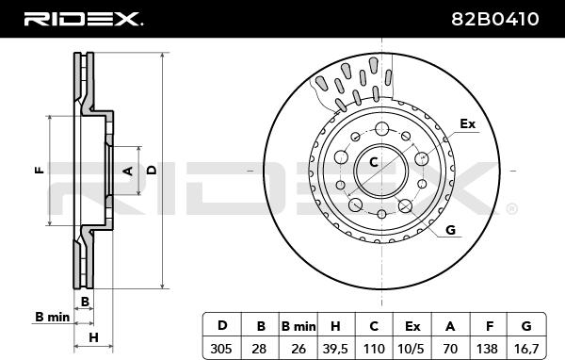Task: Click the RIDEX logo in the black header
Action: [x=83, y=19]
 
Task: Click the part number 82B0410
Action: [x=495, y=19]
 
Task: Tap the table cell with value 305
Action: [x=221, y=349]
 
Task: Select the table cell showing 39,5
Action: [x=335, y=349]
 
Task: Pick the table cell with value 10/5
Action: [x=412, y=349]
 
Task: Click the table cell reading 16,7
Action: [x=526, y=349]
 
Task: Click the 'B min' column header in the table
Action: [x=299, y=326]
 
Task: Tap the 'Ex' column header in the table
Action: [x=412, y=326]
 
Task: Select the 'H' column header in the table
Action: [x=335, y=326]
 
